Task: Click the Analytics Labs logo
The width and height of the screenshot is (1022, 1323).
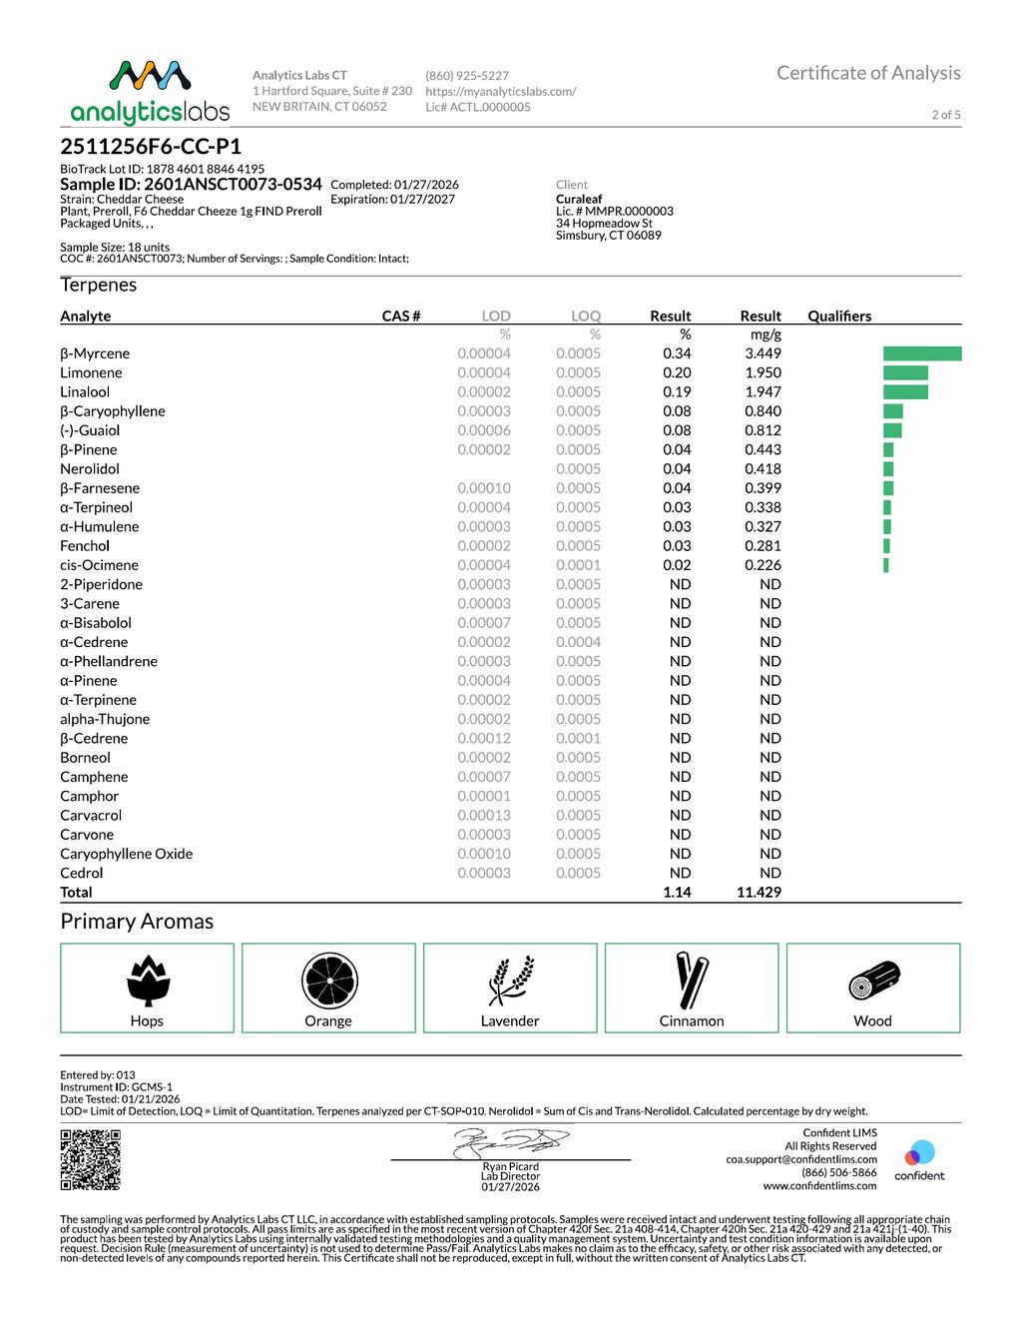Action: point(150,92)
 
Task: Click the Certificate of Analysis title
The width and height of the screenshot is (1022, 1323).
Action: point(868,73)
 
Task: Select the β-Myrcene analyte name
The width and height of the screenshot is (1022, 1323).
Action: point(95,353)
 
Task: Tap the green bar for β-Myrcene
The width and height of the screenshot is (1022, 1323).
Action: point(922,353)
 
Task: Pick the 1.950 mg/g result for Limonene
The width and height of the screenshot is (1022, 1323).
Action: point(763,372)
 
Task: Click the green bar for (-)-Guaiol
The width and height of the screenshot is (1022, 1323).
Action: point(892,430)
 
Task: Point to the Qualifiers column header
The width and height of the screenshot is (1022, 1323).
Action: point(839,316)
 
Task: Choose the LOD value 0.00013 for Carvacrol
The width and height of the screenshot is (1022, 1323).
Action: point(484,815)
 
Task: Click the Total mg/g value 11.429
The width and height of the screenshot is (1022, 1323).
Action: point(759,892)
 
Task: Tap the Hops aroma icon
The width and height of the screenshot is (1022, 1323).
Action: point(148,981)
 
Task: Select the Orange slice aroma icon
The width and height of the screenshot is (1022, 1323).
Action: point(329,981)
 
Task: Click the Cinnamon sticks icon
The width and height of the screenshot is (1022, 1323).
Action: point(692,981)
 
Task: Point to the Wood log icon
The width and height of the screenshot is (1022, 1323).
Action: point(874,982)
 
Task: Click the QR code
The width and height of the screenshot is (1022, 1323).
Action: point(91,1159)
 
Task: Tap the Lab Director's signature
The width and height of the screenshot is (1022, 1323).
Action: point(510,1141)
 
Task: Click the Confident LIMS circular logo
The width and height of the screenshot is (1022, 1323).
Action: point(919,1154)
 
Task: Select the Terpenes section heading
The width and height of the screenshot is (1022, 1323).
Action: point(99,285)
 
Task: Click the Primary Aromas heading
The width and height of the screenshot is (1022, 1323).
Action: point(137,921)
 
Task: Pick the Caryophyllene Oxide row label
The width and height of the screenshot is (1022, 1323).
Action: point(126,854)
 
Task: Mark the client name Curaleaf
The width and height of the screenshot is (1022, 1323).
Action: point(579,199)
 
